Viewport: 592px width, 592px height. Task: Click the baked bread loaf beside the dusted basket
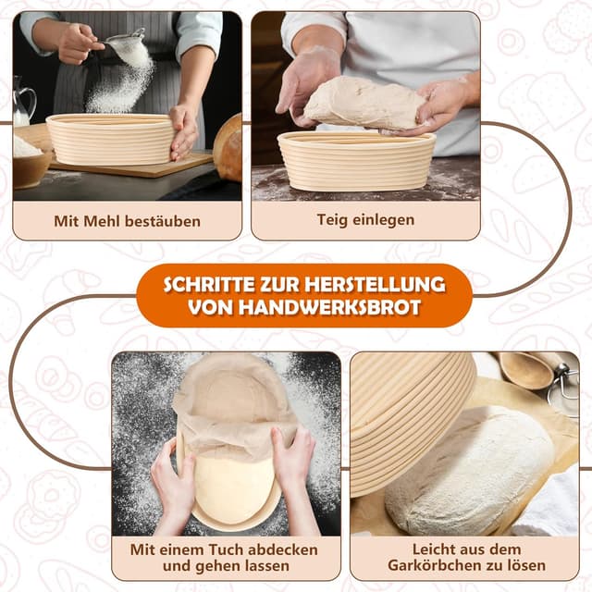tap(228, 148)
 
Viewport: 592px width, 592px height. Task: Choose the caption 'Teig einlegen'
tap(365, 220)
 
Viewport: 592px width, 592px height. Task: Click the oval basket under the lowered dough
tap(356, 161)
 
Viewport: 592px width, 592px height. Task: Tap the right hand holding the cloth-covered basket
tap(294, 462)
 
